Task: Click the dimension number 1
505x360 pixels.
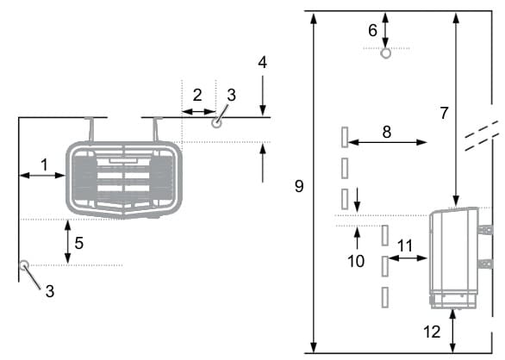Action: point(45,164)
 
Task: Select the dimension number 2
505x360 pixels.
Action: point(197,95)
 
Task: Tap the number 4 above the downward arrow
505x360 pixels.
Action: point(263,63)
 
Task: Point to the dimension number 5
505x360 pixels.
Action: point(79,243)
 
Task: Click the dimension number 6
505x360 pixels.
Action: point(372,31)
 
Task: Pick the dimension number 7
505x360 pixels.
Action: point(444,113)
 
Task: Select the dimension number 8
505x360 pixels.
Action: point(387,132)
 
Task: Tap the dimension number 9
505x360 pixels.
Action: point(299,186)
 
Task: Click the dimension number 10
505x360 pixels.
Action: point(356,261)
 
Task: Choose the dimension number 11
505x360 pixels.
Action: point(405,246)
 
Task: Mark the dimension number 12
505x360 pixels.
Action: point(432,332)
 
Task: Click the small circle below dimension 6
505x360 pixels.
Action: point(386,53)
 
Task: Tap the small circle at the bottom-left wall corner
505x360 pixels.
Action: point(24,265)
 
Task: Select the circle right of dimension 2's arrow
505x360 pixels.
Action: point(217,123)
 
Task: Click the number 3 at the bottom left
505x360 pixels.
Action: point(50,291)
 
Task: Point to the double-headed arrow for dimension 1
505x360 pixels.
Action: point(42,176)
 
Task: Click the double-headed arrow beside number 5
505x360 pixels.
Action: point(67,242)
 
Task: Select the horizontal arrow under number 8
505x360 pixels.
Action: point(388,142)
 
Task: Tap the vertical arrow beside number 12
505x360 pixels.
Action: point(452,331)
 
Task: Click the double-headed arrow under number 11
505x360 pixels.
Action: point(408,258)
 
